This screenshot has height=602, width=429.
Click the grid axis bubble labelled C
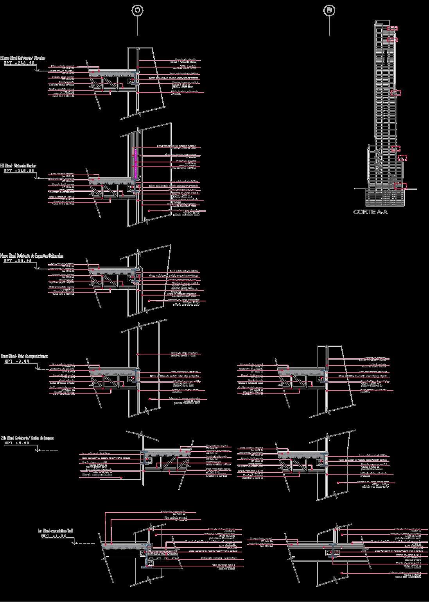[x=137, y=11]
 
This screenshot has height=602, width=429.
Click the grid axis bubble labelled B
[x=329, y=11]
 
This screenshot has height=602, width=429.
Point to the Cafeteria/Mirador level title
[x=23, y=58]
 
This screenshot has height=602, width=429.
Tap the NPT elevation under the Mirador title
[x=19, y=62]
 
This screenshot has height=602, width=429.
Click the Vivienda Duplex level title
[x=18, y=166]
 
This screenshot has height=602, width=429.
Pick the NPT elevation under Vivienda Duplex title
[x=19, y=171]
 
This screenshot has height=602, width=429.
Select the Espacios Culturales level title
[x=32, y=256]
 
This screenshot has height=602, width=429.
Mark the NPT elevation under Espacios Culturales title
[x=18, y=261]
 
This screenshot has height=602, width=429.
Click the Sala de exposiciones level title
[x=24, y=356]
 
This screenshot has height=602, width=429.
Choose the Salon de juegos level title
[x=27, y=438]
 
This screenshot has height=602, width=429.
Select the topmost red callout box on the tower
[x=393, y=28]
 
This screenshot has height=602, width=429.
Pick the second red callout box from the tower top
[x=392, y=39]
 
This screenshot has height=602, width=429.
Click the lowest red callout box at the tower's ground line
[x=401, y=185]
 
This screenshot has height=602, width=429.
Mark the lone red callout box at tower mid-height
[x=396, y=93]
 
